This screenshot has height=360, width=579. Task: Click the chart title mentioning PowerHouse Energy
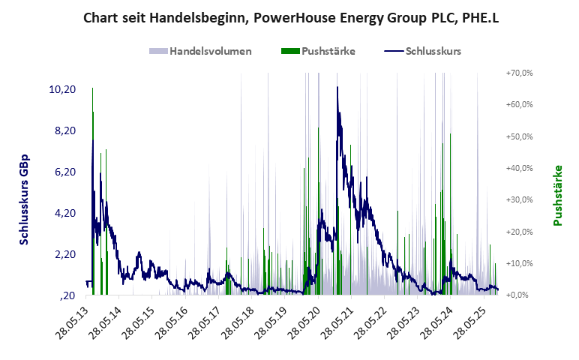point(289,16)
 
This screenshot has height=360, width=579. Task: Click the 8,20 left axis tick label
point(64,130)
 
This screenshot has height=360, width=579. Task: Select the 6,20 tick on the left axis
point(64,172)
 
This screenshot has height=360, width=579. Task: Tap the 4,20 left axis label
point(64,213)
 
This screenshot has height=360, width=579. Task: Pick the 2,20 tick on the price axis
point(64,254)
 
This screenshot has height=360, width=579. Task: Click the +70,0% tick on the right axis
point(519,73)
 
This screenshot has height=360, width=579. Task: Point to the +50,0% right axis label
point(519,136)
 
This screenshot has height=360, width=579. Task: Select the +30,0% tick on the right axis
point(519,200)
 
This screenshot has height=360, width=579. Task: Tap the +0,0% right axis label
point(520,295)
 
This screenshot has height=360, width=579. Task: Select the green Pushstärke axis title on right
point(557,195)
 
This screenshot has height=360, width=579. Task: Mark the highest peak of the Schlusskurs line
point(337,87)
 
